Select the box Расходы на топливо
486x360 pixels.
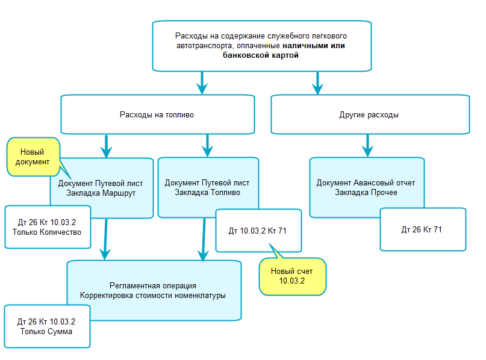pos(157,114)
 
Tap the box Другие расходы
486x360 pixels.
pos(369,114)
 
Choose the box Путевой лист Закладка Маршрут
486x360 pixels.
pos(102,188)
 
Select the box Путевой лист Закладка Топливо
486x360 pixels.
pos(207,187)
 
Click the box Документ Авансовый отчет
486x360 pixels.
pos(366,187)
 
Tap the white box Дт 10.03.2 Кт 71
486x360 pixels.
pos(257,230)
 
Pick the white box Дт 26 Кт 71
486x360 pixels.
pos(422,229)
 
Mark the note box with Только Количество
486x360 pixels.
pos(46,227)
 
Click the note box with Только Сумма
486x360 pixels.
pos(46,326)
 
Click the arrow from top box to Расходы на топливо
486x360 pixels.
pos(202,82)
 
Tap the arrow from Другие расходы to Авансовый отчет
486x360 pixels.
pos(367,145)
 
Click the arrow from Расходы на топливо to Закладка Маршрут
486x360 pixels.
pos(106,145)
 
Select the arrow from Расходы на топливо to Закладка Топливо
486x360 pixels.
pos(207,145)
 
